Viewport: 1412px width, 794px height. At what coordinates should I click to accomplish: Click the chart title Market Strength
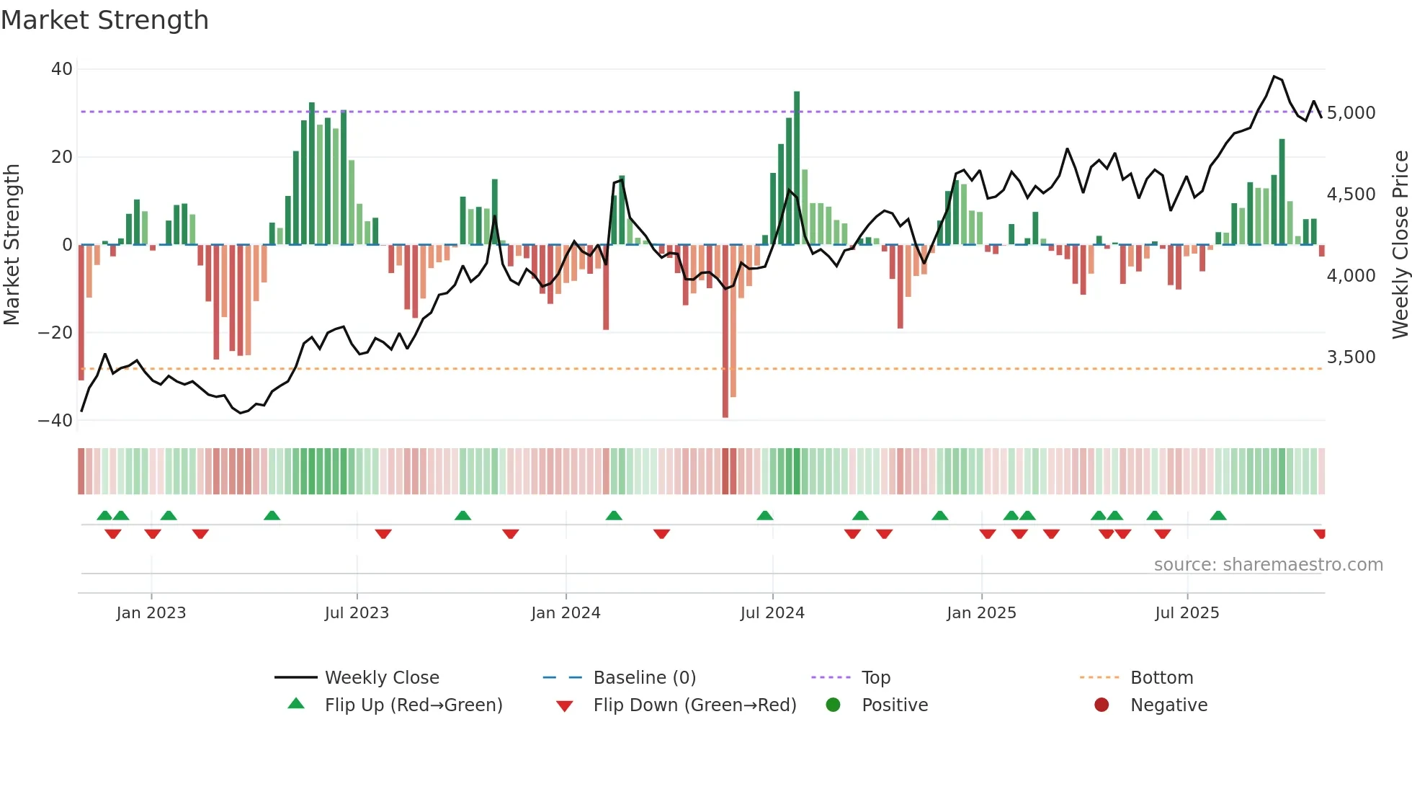pyautogui.click(x=104, y=20)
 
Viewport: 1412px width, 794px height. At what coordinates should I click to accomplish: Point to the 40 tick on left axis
pyautogui.click(x=62, y=69)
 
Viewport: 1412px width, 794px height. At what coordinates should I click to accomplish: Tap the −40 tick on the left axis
pyautogui.click(x=55, y=420)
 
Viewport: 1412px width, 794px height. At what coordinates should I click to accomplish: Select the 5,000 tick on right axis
pyautogui.click(x=1351, y=113)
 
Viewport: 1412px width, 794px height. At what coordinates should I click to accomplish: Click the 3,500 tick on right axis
pyautogui.click(x=1351, y=357)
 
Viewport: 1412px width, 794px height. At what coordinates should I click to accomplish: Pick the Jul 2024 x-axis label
pyautogui.click(x=772, y=613)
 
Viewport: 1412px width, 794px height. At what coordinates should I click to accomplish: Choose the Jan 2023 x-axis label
pyautogui.click(x=151, y=613)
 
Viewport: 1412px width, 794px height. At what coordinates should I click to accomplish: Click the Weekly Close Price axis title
pyautogui.click(x=1400, y=245)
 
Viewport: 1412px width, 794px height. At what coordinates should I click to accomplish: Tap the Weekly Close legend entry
pyautogui.click(x=381, y=678)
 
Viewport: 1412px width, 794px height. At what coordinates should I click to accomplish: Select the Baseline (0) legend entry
pyautogui.click(x=644, y=678)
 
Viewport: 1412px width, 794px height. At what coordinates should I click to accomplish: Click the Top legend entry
pyautogui.click(x=875, y=678)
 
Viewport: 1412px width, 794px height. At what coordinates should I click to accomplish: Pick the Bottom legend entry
pyautogui.click(x=1161, y=678)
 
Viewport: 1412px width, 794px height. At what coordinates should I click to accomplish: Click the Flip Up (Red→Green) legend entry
pyautogui.click(x=413, y=705)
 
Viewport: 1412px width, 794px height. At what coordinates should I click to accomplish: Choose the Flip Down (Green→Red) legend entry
pyautogui.click(x=694, y=705)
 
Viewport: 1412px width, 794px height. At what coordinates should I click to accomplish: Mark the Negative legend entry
pyautogui.click(x=1168, y=705)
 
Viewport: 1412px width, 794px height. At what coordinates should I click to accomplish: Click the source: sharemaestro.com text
pyautogui.click(x=1268, y=565)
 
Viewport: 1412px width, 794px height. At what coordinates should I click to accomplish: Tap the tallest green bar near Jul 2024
pyautogui.click(x=797, y=166)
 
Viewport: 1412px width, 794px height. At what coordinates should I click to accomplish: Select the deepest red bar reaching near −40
pyautogui.click(x=725, y=331)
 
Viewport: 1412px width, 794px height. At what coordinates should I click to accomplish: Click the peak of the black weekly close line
pyautogui.click(x=1274, y=76)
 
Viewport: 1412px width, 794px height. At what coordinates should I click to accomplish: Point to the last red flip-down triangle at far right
pyautogui.click(x=1319, y=534)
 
